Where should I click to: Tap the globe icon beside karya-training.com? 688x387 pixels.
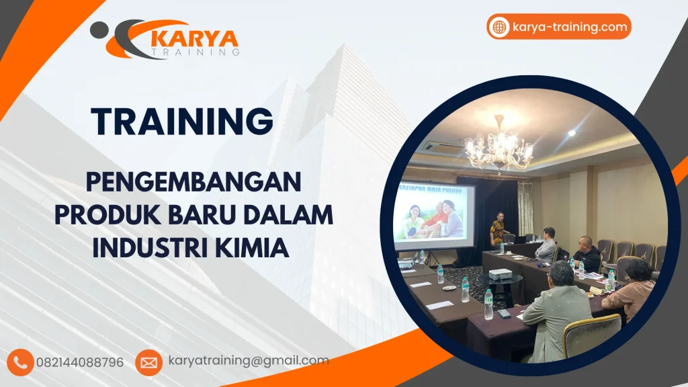pos(499,27)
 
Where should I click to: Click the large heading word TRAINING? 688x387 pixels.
pos(183,122)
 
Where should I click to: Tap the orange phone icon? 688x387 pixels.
pos(21,362)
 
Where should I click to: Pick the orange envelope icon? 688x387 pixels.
pos(148,362)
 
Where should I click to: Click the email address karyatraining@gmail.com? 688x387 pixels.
pos(248,361)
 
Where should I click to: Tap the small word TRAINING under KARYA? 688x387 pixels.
pos(194,51)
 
